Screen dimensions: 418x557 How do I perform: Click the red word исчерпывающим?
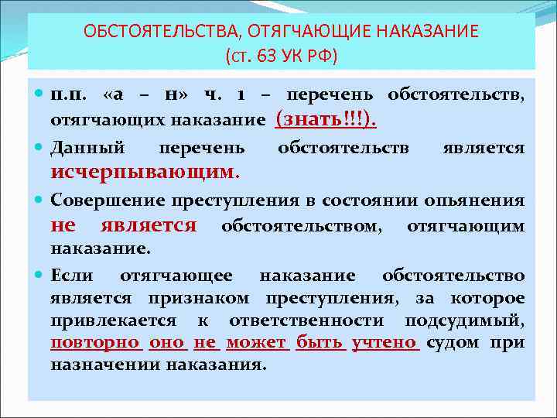(x=145, y=170)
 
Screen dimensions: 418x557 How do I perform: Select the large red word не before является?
(x=63, y=225)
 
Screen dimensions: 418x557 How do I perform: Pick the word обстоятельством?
(x=301, y=226)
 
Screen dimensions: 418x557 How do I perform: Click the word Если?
(x=72, y=276)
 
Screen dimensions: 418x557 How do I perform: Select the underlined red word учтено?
(x=384, y=342)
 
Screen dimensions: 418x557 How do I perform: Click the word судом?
(x=452, y=342)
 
